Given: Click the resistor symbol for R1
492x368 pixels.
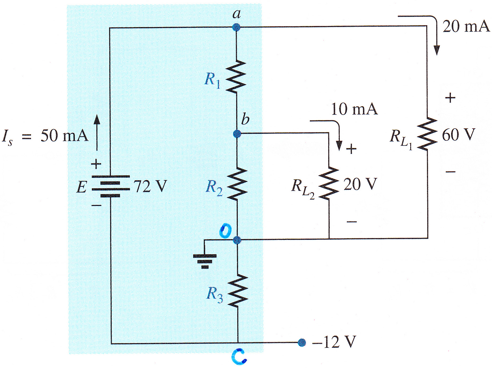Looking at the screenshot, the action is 236,76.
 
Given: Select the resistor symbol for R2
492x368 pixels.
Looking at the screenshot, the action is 237,183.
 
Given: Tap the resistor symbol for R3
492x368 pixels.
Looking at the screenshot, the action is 238,291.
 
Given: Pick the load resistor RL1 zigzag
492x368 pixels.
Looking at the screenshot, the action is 427,134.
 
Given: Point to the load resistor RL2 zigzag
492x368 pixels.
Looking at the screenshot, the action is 329,183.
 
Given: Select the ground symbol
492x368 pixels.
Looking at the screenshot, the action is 205,261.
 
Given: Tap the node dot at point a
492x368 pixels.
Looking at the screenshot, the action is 236,27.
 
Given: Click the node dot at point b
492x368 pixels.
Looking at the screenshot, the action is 237,134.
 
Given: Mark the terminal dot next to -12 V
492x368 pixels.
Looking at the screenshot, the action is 302,343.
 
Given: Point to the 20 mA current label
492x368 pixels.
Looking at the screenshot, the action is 466,27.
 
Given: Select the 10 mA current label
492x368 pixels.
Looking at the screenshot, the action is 355,109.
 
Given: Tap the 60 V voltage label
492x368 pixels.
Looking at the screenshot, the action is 458,135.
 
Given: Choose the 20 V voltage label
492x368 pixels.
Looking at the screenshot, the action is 360,184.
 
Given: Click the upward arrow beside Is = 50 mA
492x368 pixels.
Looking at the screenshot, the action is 97,133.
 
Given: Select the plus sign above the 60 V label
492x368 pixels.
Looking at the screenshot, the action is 450,98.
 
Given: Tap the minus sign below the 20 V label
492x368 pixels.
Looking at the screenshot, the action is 352,221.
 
